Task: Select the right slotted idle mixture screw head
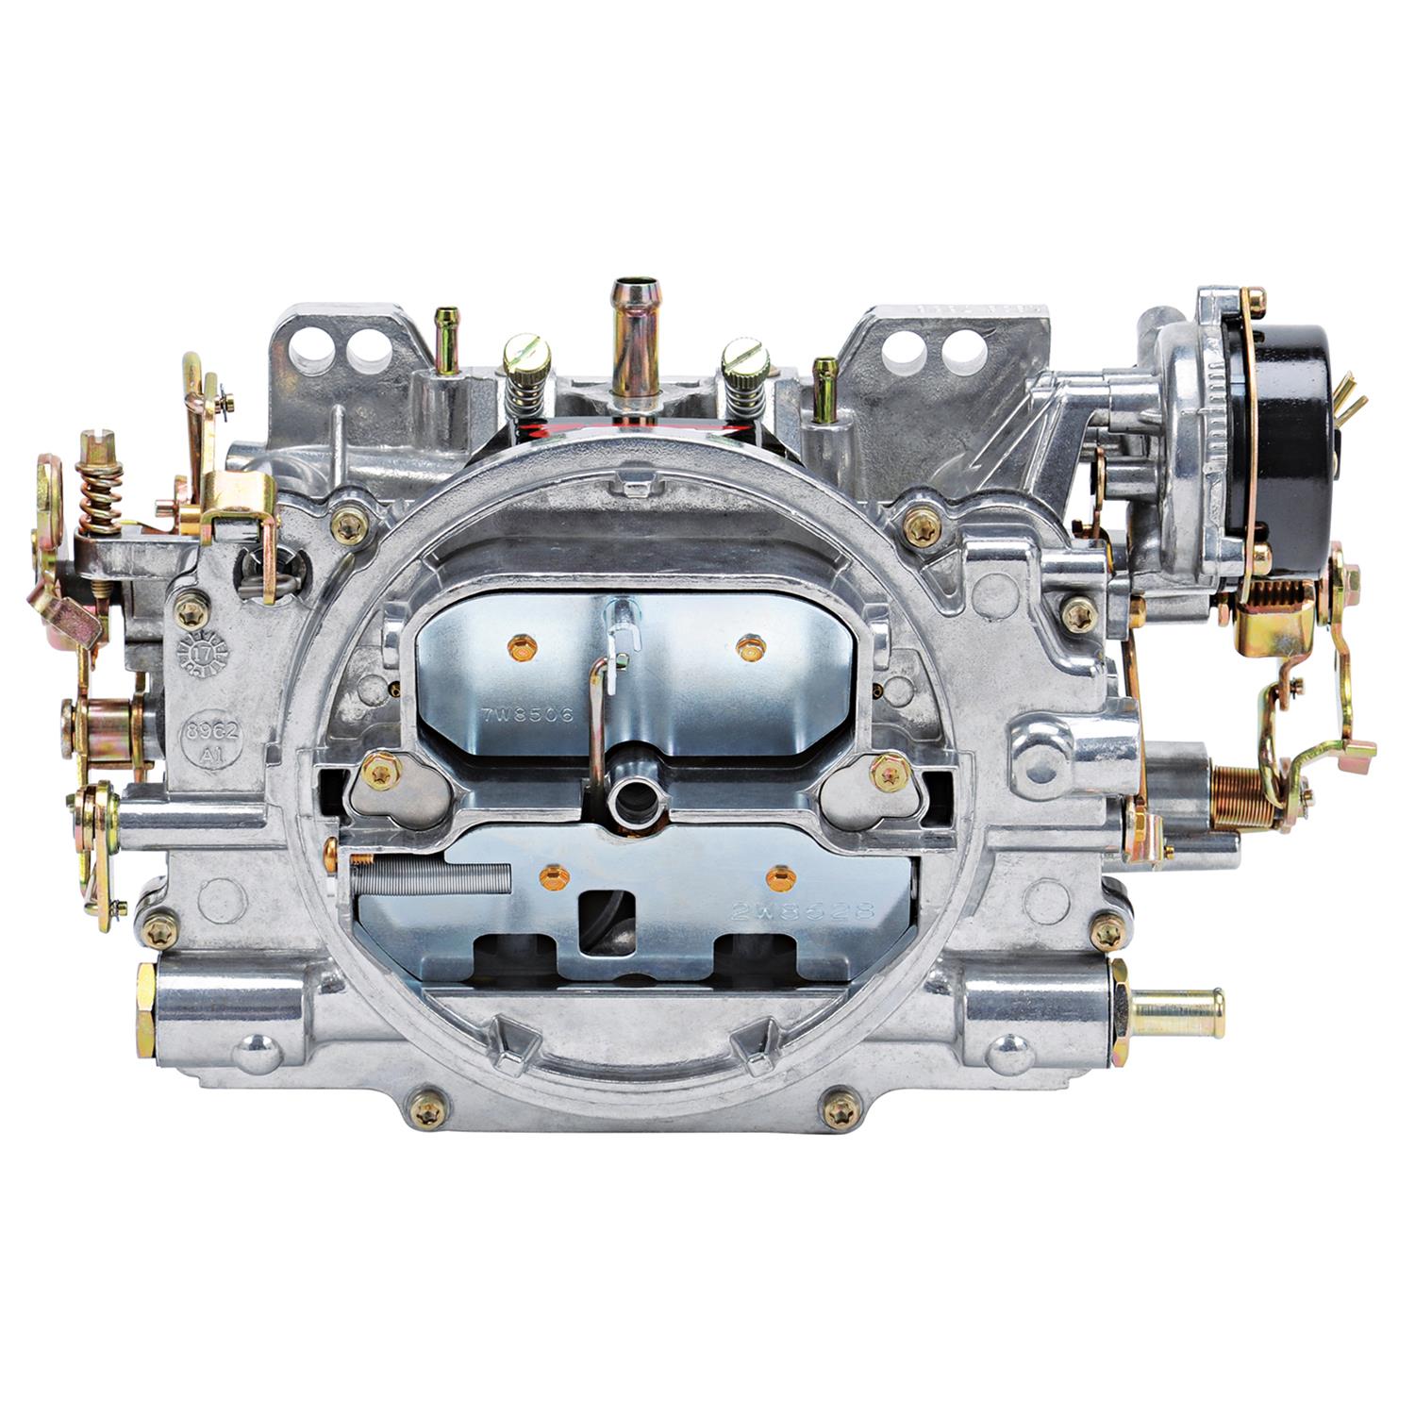coord(742,357)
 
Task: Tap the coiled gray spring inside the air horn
coord(429,876)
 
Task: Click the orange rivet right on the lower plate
coord(778,879)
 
